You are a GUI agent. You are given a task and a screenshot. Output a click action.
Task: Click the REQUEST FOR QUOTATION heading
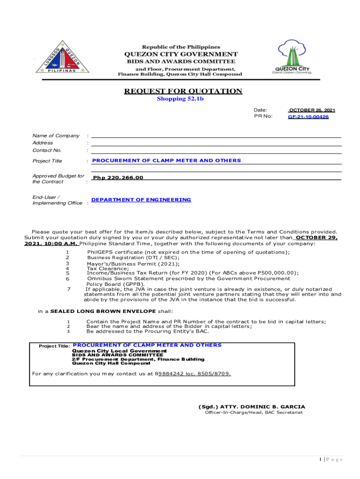click(183, 91)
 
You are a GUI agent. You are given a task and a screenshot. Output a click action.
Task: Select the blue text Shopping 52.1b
click(180, 99)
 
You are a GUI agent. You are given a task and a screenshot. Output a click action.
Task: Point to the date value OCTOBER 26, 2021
click(312, 110)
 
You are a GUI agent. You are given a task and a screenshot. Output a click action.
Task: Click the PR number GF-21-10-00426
click(308, 117)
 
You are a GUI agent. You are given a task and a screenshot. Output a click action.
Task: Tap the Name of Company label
click(56, 136)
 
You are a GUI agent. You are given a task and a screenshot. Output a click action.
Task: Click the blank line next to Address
click(216, 144)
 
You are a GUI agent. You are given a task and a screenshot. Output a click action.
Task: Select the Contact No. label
click(47, 151)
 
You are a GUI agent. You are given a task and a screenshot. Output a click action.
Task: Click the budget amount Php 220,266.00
click(118, 178)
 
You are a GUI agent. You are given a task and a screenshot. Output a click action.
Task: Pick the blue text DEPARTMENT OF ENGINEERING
click(141, 200)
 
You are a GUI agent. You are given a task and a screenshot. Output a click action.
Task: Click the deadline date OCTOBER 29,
click(317, 238)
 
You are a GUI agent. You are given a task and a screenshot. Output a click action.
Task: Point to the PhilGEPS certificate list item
click(188, 252)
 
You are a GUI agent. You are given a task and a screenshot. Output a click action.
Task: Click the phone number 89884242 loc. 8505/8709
click(193, 374)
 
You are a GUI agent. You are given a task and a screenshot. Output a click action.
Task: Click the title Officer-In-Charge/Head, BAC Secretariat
click(254, 413)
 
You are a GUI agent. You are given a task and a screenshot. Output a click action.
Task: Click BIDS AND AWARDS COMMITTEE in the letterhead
click(181, 61)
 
